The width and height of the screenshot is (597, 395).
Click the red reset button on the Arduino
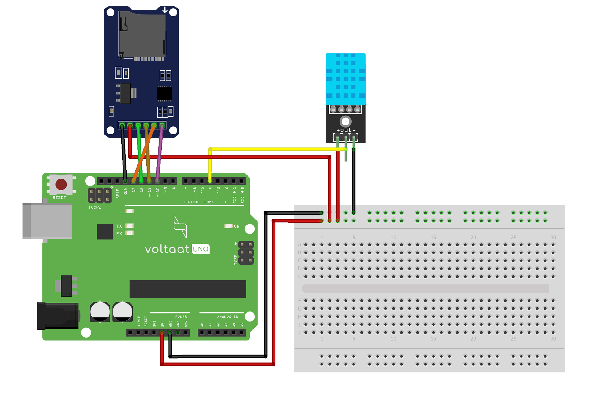(x=61, y=184)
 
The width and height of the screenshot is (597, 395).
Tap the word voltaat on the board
(x=167, y=249)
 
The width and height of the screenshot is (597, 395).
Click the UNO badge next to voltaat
(x=201, y=249)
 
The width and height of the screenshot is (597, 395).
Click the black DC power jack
(x=58, y=316)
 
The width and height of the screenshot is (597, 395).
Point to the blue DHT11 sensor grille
(x=345, y=79)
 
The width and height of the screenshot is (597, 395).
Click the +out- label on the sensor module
(x=346, y=130)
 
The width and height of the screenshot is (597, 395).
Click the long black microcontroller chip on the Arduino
(x=188, y=289)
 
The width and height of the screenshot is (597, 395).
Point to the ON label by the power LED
(x=237, y=226)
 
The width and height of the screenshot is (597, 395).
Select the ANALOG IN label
(x=227, y=317)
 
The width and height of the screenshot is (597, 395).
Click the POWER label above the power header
(x=181, y=317)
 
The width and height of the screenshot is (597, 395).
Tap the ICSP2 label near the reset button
(x=95, y=207)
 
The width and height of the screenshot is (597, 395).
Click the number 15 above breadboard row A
(x=433, y=237)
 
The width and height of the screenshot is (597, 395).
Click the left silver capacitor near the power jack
(x=100, y=311)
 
